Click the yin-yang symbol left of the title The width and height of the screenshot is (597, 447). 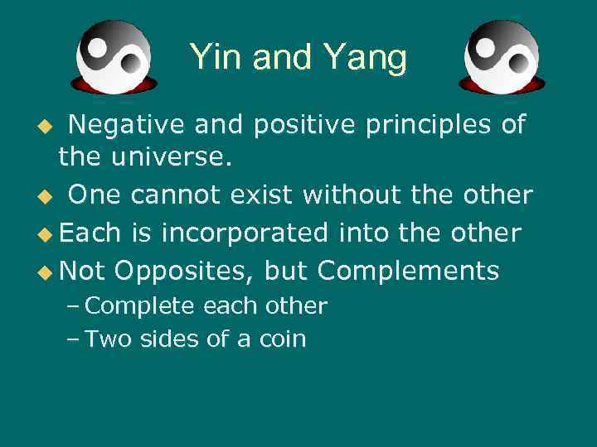114,56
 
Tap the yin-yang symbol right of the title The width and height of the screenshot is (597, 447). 502,56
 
